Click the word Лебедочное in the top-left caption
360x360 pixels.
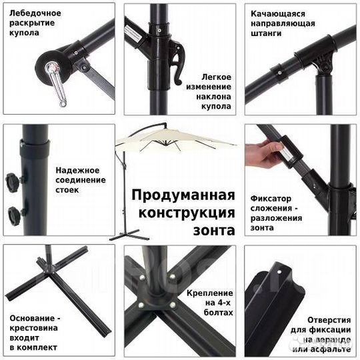pos(33,13)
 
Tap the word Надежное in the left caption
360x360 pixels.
pos(77,169)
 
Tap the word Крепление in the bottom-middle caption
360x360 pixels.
pos(211,292)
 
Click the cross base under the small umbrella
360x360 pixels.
pos(127,235)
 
